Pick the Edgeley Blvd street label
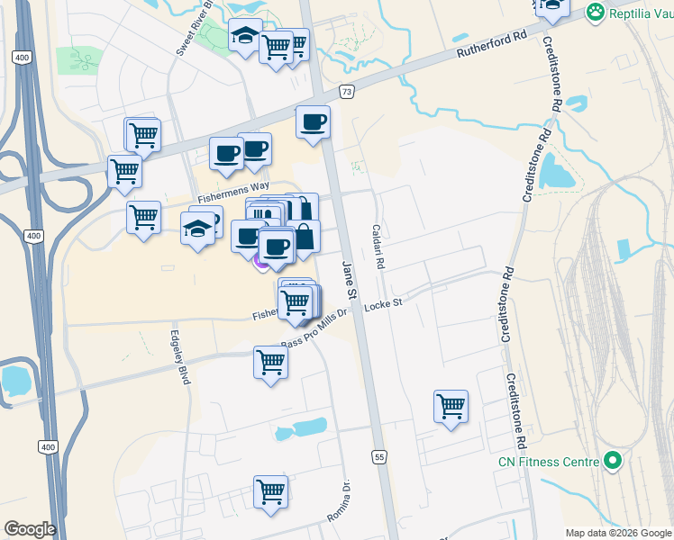[178, 357]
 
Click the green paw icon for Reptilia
[595, 12]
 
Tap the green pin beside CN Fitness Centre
[614, 462]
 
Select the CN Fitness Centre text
[548, 463]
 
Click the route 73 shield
[348, 92]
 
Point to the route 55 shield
[378, 456]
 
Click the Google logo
[30, 529]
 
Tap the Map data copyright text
[618, 533]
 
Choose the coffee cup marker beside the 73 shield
[313, 121]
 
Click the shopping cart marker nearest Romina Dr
[270, 491]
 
